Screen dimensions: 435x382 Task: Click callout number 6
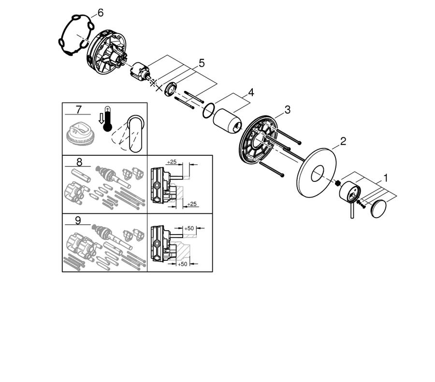[100, 13]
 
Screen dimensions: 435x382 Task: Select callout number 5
[202, 63]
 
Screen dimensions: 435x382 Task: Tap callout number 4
[251, 92]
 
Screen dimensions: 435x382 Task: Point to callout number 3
[288, 110]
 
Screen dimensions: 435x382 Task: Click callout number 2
[343, 141]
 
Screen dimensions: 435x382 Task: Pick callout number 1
[385, 177]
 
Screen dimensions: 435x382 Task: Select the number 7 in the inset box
[78, 110]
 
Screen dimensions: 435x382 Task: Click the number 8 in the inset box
[79, 162]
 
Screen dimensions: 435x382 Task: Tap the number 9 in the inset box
[78, 220]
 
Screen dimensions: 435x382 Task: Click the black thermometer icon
[107, 119]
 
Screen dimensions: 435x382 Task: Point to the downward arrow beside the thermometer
[101, 119]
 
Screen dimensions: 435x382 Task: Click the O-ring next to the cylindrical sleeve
[209, 111]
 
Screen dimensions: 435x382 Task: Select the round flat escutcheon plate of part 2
[317, 173]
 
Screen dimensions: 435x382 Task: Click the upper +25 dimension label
[172, 162]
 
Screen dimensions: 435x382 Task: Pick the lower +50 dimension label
[182, 264]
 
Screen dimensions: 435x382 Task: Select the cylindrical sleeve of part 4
[227, 121]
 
